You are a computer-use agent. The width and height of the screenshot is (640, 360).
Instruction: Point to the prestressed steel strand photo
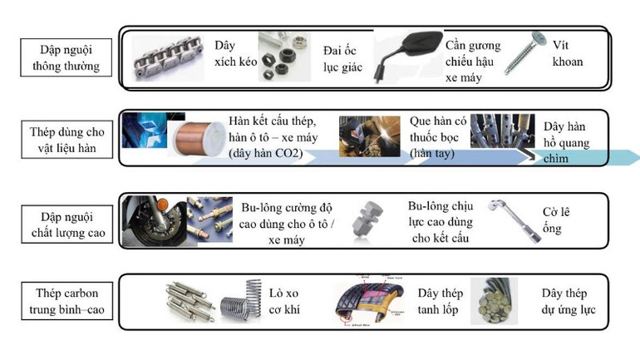(x=495, y=301)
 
